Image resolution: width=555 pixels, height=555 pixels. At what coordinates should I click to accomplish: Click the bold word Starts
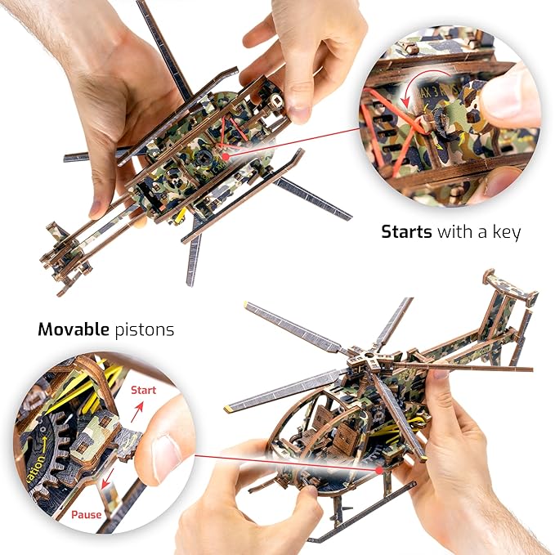pos(406,232)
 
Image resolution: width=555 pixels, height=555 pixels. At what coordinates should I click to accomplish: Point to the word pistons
pos(145,330)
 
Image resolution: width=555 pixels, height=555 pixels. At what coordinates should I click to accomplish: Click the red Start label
pos(144,390)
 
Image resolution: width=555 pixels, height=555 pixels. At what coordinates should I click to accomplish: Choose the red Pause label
pos(87,515)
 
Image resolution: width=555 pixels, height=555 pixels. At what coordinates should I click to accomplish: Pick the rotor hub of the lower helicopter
pos(360,360)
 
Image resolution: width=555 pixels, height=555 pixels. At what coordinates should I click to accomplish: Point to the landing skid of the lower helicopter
pos(360,515)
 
